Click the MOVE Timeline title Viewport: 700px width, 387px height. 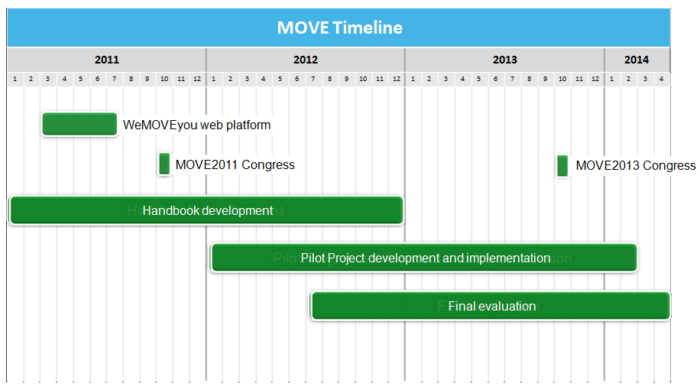click(340, 28)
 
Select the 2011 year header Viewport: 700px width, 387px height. click(107, 60)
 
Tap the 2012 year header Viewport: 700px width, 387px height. click(306, 60)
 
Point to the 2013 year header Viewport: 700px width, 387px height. click(505, 60)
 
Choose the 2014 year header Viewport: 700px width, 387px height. click(637, 60)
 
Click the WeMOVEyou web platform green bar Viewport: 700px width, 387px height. click(79, 124)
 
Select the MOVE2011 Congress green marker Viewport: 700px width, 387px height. click(164, 164)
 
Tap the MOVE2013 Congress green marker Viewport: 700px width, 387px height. click(562, 166)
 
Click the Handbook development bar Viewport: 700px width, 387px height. click(206, 210)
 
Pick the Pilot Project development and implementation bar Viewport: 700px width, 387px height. click(425, 258)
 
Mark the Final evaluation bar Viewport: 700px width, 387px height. click(491, 306)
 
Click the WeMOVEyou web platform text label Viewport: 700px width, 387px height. click(197, 125)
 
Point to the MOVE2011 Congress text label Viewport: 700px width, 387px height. click(235, 164)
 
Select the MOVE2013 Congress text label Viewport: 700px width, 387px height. click(636, 165)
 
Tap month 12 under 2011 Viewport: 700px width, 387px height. click(197, 79)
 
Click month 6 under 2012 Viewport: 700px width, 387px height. click(297, 79)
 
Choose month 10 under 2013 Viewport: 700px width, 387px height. click(562, 79)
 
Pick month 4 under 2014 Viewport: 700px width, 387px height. click(661, 79)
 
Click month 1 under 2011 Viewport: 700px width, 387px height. click(15, 79)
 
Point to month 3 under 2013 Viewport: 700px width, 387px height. click(446, 79)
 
